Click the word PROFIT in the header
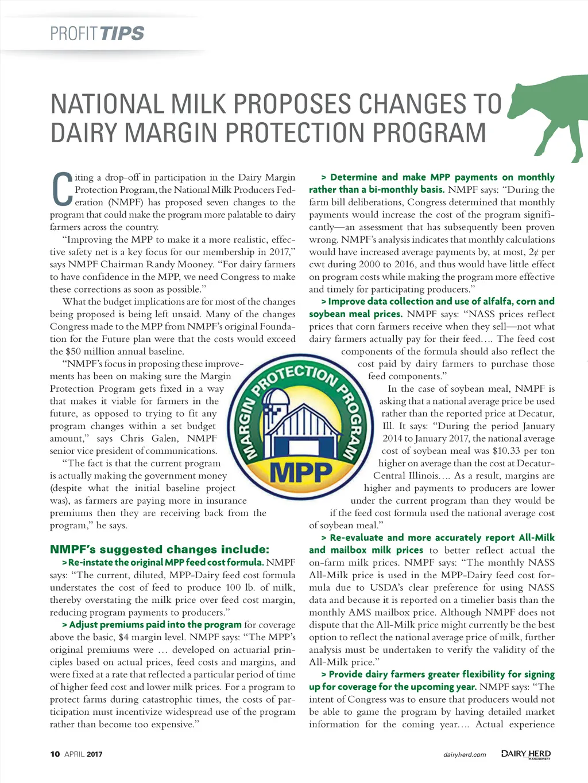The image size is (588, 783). coord(73,33)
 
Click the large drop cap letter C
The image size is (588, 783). coord(61,190)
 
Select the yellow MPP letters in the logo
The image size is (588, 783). coord(301,472)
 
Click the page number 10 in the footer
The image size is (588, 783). coord(55,754)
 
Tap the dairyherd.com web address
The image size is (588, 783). coord(465,754)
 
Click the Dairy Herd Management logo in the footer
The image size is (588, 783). coord(525,754)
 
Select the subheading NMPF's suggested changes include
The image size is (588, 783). coord(159,550)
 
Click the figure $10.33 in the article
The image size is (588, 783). coord(506,451)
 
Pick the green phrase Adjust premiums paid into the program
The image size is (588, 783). coord(154,625)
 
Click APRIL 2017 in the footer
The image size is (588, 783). coord(83,754)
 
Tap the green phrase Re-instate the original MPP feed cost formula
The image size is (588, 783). coord(165,562)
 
